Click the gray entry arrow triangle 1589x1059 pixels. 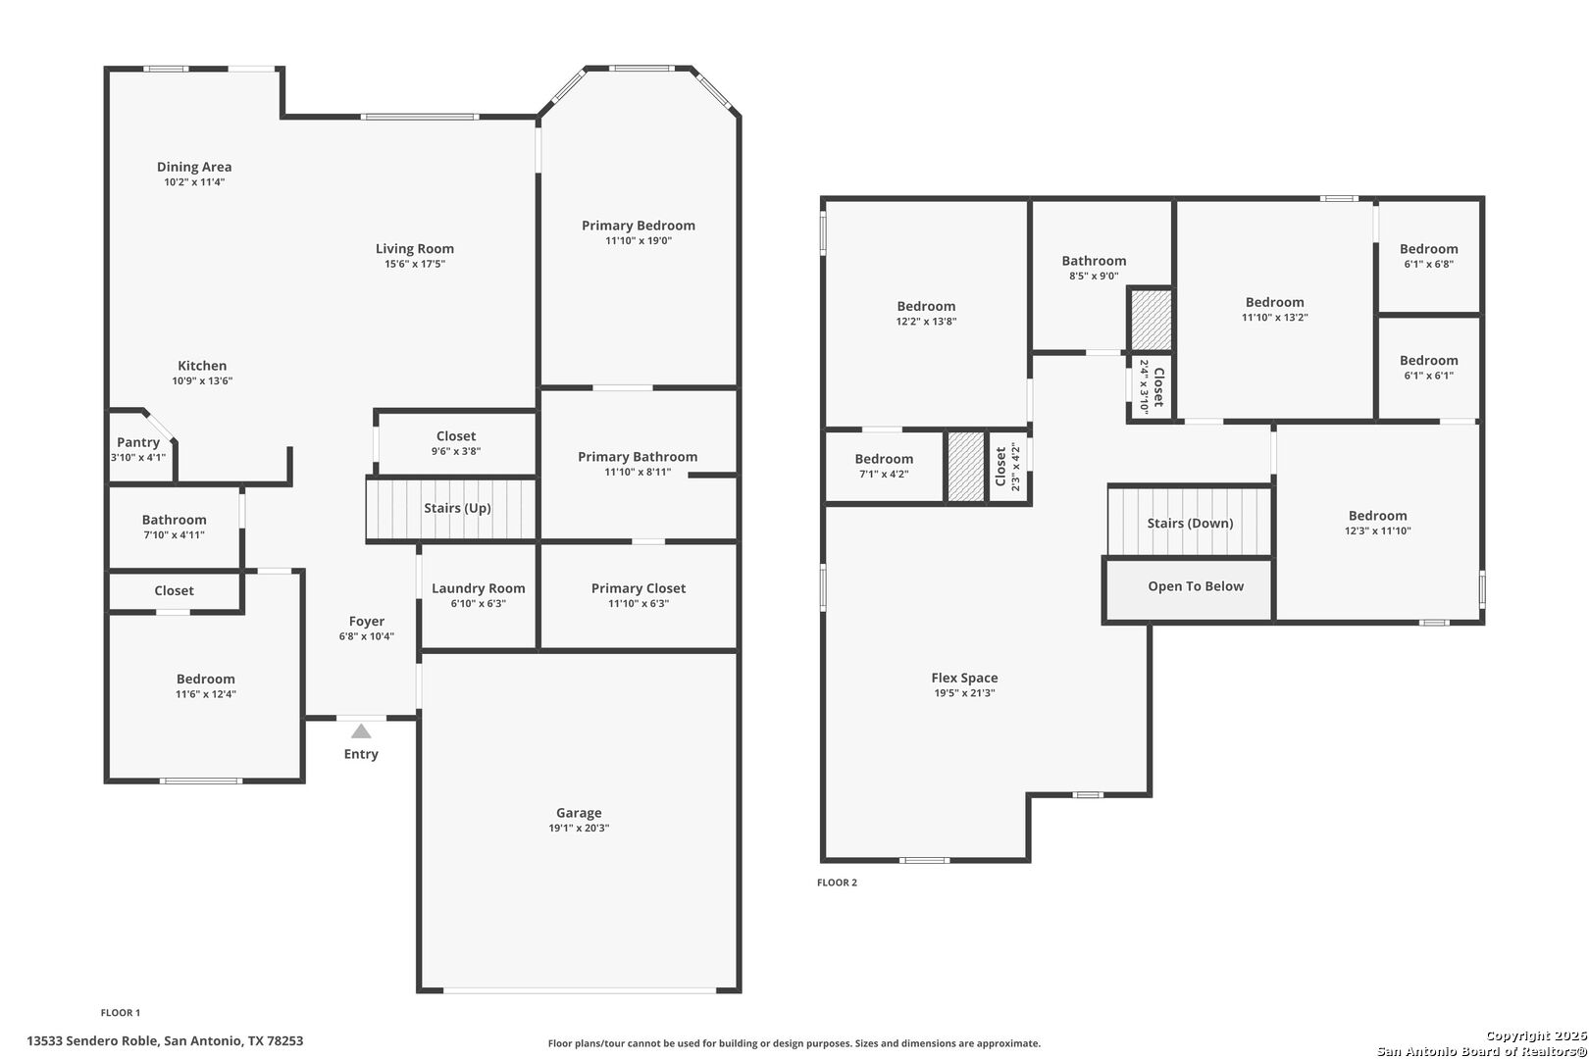coord(361,731)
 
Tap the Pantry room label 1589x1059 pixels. coord(138,442)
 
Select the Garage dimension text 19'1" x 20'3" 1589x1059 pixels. coord(579,828)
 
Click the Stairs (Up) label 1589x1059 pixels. coord(457,508)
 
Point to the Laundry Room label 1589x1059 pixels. coord(478,588)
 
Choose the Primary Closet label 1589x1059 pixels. coord(639,588)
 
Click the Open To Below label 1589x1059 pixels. coord(1196,586)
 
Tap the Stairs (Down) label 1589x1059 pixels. coord(1191,524)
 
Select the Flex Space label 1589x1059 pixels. coord(965,679)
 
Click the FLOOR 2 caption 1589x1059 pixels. coord(837,882)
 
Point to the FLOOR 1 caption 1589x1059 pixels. coord(121,1012)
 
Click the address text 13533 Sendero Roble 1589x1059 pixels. coord(92,1040)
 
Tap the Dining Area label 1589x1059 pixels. coord(194,167)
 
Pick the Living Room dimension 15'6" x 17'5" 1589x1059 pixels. coord(415,264)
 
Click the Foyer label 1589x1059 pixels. coord(367,622)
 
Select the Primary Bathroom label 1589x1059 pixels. coord(638,457)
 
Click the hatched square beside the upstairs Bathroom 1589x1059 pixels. coord(1151,320)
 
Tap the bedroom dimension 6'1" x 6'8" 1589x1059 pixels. coord(1429,264)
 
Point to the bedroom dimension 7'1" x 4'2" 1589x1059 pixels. coord(884,474)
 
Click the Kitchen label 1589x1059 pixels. coord(202,366)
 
